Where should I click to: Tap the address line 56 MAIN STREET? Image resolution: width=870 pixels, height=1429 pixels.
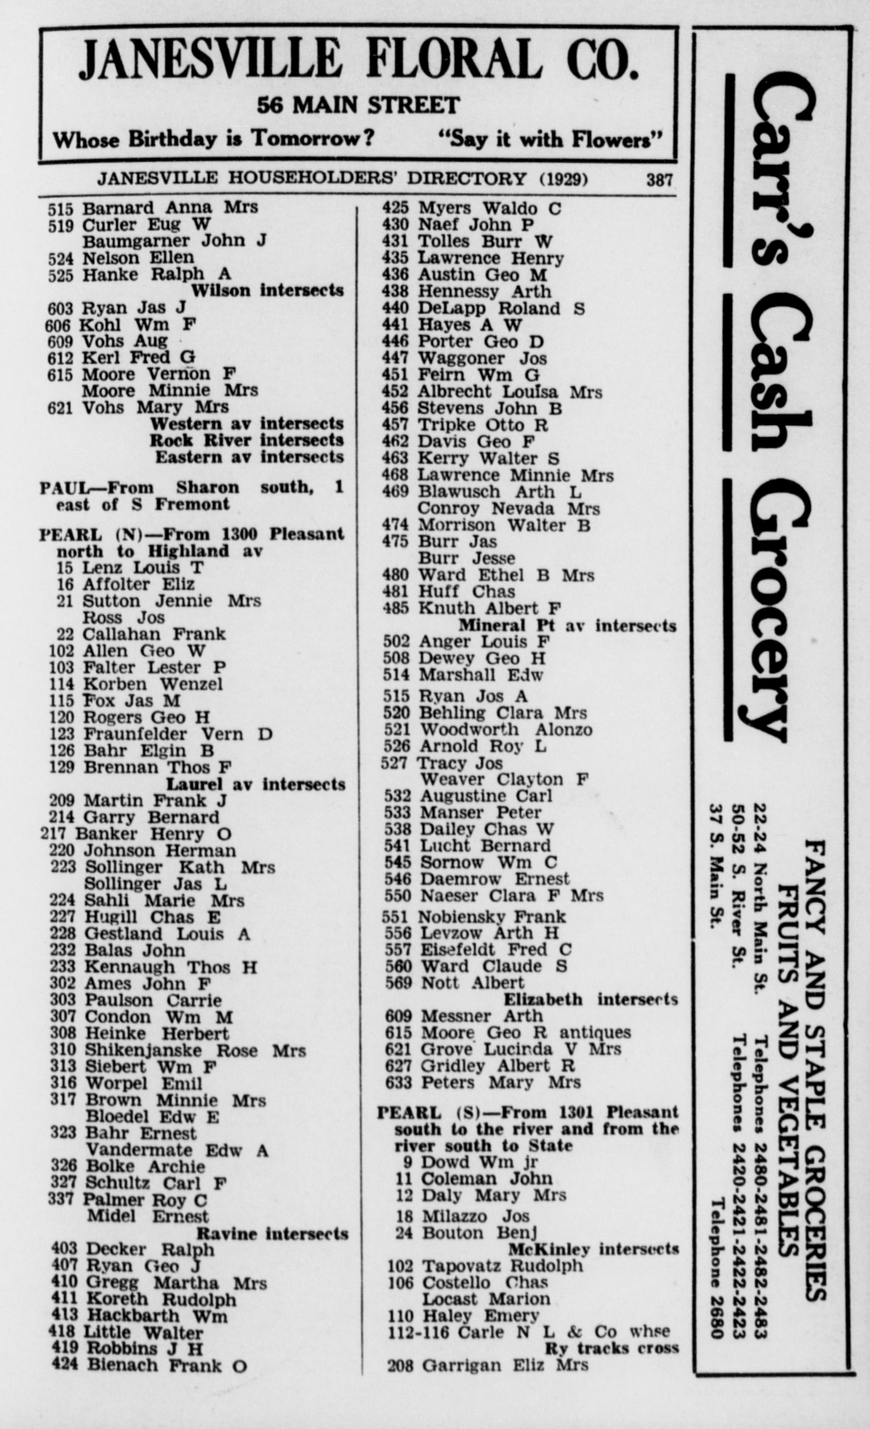(358, 106)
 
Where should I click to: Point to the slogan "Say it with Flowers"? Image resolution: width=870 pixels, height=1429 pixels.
(550, 140)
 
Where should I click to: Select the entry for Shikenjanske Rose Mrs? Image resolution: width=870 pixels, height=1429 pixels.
(195, 1051)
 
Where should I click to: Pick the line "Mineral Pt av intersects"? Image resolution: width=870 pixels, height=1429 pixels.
(567, 626)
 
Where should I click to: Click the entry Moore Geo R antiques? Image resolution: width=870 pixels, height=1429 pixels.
(525, 1033)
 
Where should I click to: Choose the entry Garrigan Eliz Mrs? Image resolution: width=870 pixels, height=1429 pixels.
(504, 1365)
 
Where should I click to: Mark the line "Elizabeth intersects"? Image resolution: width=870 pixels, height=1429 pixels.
(590, 999)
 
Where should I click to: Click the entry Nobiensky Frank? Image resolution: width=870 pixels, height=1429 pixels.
(492, 917)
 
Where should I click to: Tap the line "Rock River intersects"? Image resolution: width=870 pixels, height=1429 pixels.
(247, 440)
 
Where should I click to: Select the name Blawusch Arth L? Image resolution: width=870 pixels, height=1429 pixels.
(499, 492)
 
